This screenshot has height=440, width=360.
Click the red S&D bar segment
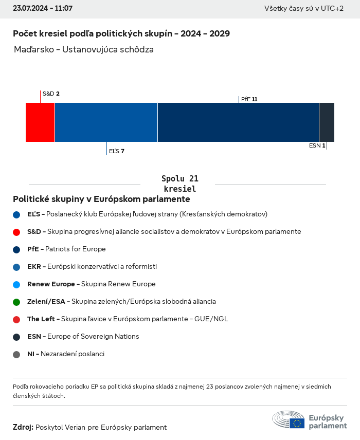pos(40,122)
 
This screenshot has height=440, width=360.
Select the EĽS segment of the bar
pos(106,122)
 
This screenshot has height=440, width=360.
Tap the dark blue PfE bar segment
pos(238,122)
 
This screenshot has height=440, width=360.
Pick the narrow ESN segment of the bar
pos(327,122)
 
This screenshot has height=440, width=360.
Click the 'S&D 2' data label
pos(51,94)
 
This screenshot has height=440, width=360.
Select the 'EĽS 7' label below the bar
pos(116,151)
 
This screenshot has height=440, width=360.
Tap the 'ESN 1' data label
pos(317,145)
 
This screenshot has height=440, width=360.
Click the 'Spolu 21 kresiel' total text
pos(180,184)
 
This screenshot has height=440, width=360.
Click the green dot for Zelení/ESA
pos(16,302)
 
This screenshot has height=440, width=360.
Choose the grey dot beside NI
pos(16,354)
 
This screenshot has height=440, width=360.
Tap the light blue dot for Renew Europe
pos(16,284)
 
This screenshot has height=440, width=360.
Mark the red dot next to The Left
pos(16,319)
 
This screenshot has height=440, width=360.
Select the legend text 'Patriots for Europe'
pos(76,249)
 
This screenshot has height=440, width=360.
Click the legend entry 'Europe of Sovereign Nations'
pos(93,336)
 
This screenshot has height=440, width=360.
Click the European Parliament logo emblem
pos(289,419)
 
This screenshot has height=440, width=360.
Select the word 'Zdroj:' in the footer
pos(23,427)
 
